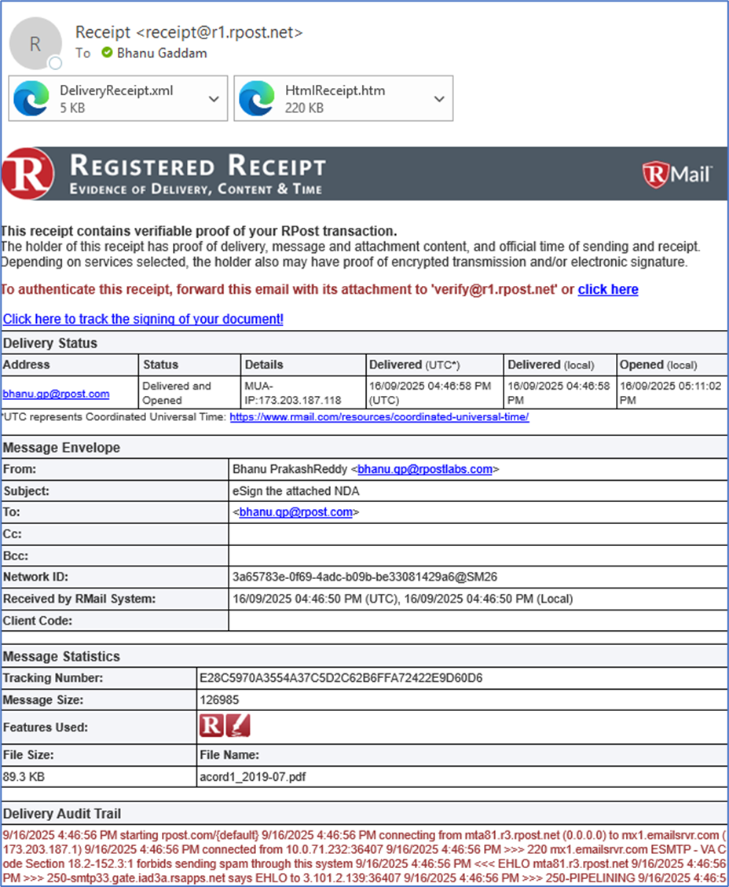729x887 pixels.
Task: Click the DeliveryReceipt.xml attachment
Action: click(x=110, y=98)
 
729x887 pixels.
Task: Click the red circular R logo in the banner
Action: click(x=28, y=174)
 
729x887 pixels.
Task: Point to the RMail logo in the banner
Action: click(x=677, y=173)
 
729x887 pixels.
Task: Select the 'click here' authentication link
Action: click(x=608, y=289)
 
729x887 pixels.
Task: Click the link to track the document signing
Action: click(x=143, y=319)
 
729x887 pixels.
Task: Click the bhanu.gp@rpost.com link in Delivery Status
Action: click(x=56, y=394)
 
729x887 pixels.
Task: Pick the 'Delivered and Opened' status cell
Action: click(x=177, y=393)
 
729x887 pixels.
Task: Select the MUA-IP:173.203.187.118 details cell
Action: click(x=293, y=393)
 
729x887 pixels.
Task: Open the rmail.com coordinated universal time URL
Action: click(x=379, y=417)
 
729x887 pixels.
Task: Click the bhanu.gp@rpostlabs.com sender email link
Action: click(x=425, y=469)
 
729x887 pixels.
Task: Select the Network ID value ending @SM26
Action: click(x=364, y=577)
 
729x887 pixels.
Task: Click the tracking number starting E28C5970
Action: click(x=341, y=677)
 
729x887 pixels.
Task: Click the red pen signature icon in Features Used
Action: click(x=238, y=727)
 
